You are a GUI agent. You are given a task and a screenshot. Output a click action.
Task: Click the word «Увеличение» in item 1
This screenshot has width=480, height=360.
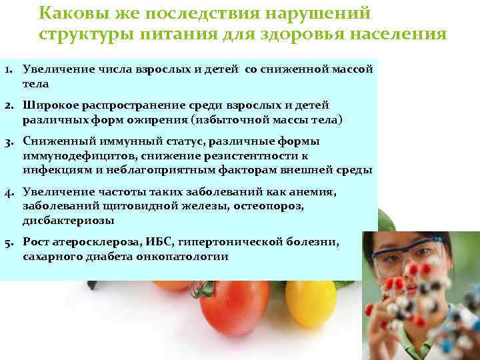(x=53, y=69)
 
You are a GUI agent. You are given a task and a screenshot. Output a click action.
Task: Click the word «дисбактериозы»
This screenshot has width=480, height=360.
(x=68, y=221)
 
